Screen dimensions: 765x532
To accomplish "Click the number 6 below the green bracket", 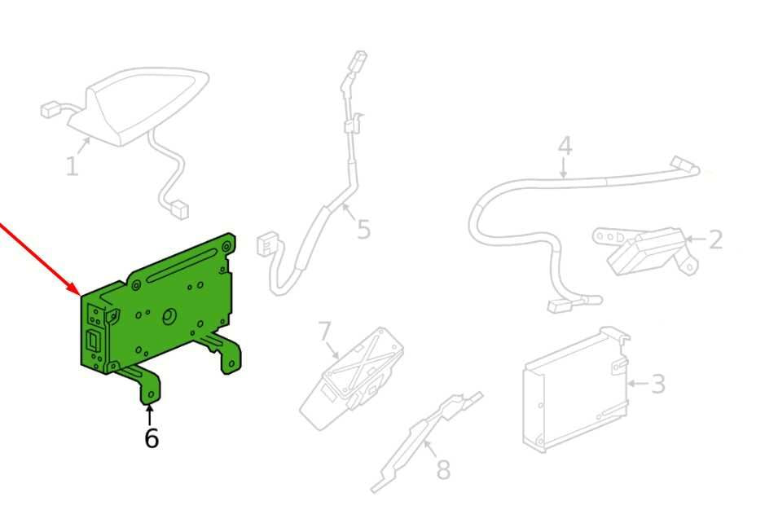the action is [152, 437].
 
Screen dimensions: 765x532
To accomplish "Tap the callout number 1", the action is [72, 166].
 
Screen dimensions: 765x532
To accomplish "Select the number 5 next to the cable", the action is [363, 229].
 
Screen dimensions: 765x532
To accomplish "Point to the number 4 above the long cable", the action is [565, 146].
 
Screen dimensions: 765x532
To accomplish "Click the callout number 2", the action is [715, 240].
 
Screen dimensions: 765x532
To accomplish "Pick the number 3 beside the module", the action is [658, 383].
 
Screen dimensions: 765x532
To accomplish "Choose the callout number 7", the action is [325, 332].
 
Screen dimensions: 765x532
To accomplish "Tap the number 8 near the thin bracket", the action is [443, 469].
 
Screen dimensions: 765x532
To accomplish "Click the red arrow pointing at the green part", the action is [39, 259].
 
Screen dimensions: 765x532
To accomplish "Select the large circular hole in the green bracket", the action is [169, 317].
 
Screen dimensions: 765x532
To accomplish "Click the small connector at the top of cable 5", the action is [359, 56].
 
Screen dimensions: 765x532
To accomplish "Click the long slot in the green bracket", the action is [182, 265].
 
